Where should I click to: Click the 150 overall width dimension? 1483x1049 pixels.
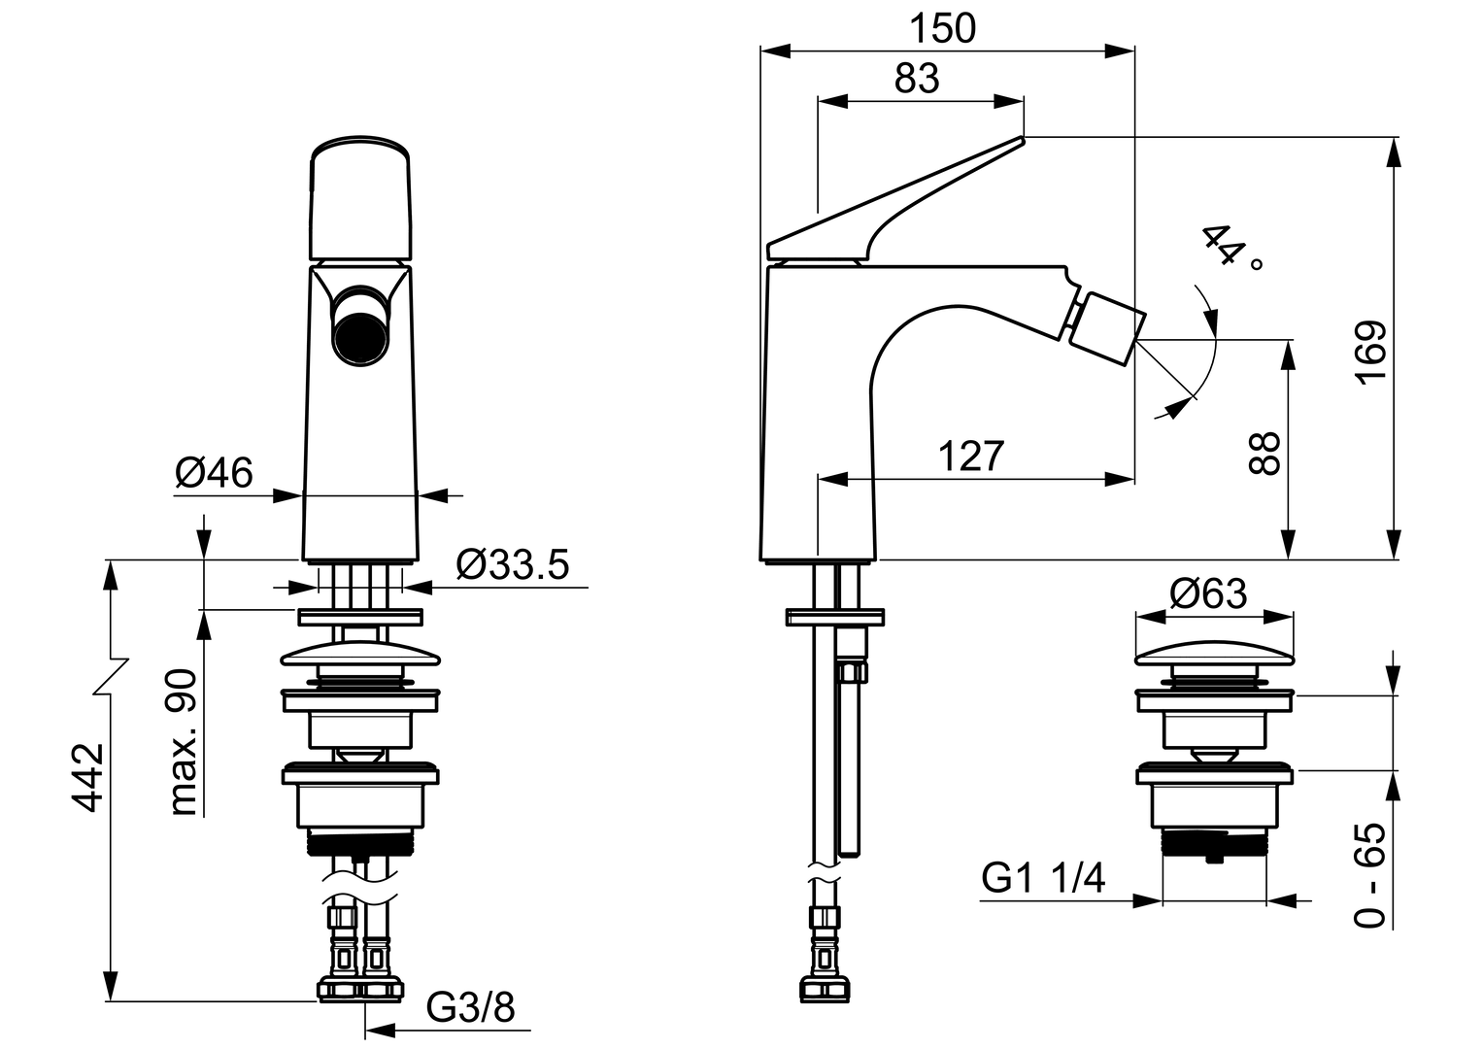(x=942, y=29)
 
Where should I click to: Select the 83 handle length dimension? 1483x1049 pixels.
(x=916, y=79)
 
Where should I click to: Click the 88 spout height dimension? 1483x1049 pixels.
(x=1264, y=453)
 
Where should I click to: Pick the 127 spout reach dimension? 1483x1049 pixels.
(x=970, y=456)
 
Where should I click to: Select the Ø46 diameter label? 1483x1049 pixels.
(x=214, y=473)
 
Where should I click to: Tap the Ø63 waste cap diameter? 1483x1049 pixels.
(x=1208, y=594)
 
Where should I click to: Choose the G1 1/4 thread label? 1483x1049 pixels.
(x=1043, y=879)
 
